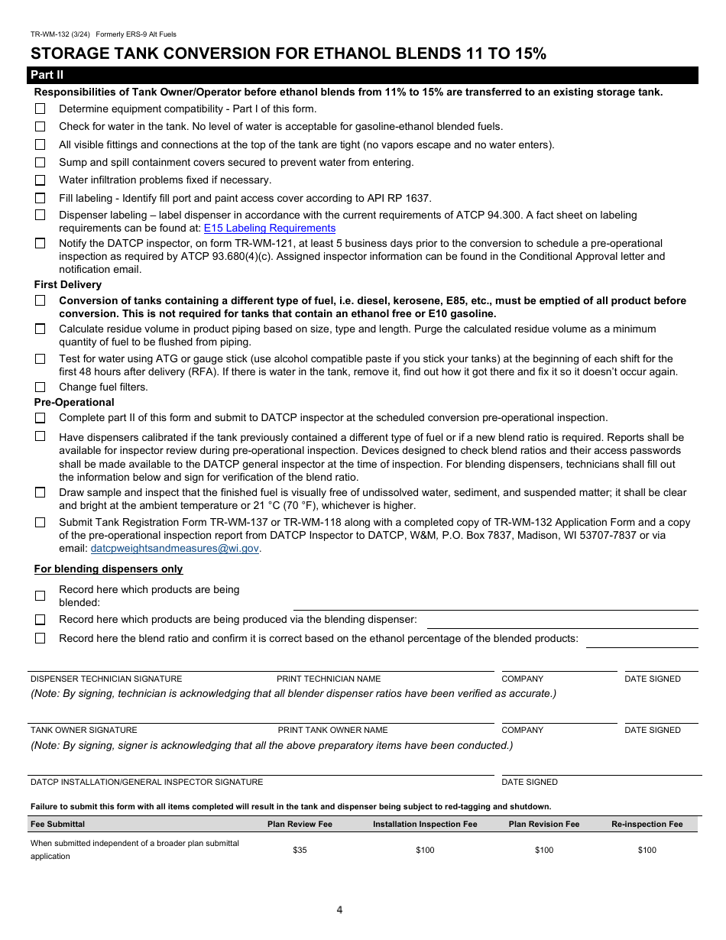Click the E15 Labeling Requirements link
(x=269, y=228)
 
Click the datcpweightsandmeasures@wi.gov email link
(x=175, y=548)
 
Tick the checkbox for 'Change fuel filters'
(x=40, y=387)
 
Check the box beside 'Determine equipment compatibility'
(x=40, y=109)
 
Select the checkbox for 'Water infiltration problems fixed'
(x=40, y=180)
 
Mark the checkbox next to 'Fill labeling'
(x=40, y=198)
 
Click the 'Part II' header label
(x=46, y=75)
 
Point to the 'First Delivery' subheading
(x=67, y=284)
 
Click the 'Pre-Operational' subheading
(x=74, y=402)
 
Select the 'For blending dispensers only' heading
(x=109, y=569)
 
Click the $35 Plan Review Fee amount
(x=300, y=850)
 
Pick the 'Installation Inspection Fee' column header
(x=425, y=824)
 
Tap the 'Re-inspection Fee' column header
(x=647, y=824)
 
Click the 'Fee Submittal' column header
(x=57, y=824)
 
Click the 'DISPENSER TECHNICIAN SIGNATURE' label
(x=106, y=679)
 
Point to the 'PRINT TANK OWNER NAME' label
(x=332, y=730)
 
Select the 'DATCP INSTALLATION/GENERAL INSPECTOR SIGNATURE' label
(x=147, y=782)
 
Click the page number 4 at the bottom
(x=339, y=909)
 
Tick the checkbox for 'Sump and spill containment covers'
(x=40, y=162)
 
